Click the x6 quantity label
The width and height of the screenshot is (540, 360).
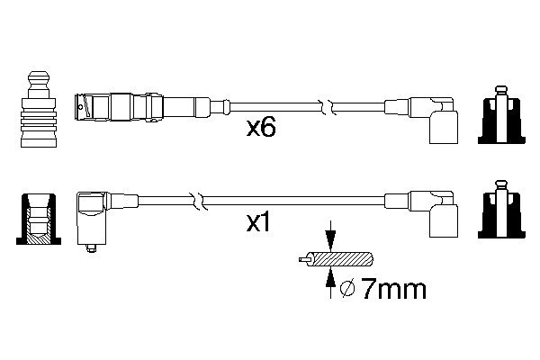pos(261,128)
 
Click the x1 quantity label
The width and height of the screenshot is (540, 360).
pos(259,221)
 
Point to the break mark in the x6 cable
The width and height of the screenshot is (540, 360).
pos(331,105)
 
